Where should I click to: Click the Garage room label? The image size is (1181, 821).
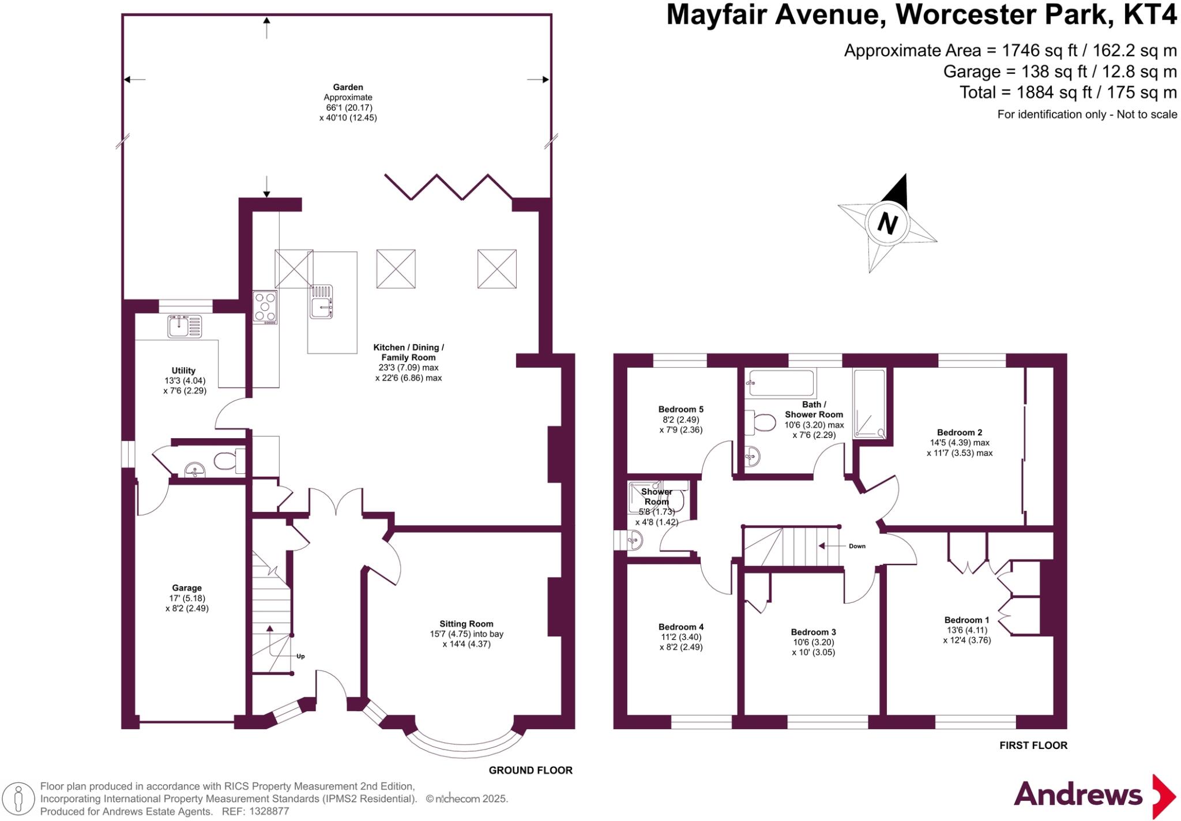186,587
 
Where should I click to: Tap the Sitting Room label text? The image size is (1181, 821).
466,623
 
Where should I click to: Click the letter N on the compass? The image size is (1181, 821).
887,223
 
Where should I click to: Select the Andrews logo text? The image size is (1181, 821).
1078,794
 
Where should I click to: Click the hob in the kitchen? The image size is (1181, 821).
265,306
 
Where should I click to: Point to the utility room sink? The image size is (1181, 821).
185,326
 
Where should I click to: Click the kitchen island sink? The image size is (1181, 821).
321,302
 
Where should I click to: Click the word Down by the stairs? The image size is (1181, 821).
857,546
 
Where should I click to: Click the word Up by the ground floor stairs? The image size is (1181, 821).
300,656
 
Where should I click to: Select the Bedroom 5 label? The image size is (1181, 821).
680,409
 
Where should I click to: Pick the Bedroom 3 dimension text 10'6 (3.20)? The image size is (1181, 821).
813,642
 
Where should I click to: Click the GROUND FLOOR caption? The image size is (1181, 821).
531,770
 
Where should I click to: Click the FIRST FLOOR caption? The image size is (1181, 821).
1033,745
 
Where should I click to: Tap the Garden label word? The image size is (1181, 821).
348,88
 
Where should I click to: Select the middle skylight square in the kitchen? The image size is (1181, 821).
396,269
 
